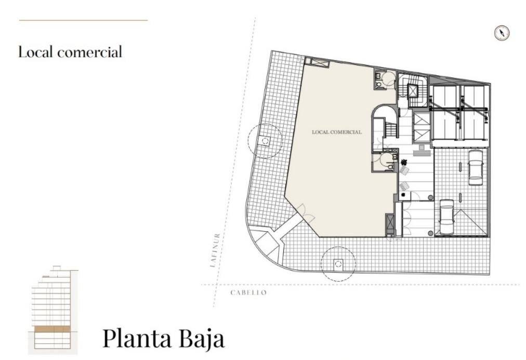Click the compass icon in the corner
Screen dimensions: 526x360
(502, 33)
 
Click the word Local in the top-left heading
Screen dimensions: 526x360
(35, 52)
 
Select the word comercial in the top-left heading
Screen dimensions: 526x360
(89, 52)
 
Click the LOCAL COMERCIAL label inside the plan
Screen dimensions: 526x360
(337, 132)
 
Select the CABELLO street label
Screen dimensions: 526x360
(248, 292)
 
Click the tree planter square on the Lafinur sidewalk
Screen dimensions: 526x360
(265, 141)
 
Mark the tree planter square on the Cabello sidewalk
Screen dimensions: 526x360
(338, 264)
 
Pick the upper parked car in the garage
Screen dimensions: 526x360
(476, 168)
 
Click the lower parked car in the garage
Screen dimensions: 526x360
(446, 217)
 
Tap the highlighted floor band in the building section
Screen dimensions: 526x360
(52, 329)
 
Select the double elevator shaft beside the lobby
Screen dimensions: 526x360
(422, 128)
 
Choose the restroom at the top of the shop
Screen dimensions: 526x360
(385, 79)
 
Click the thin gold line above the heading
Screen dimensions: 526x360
(84, 20)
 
